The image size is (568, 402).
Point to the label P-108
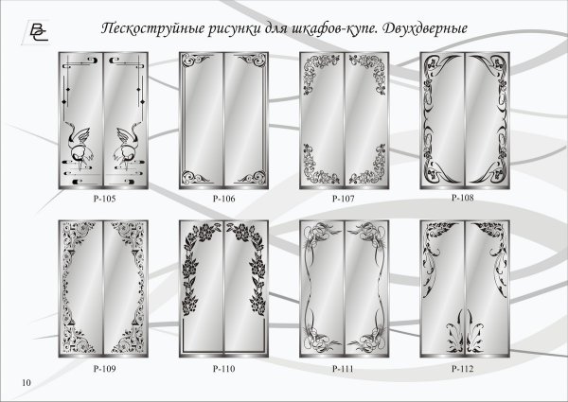(x=463, y=199)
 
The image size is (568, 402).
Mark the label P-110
(x=223, y=366)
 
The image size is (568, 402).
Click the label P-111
(x=343, y=366)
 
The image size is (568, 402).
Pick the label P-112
(x=463, y=366)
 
